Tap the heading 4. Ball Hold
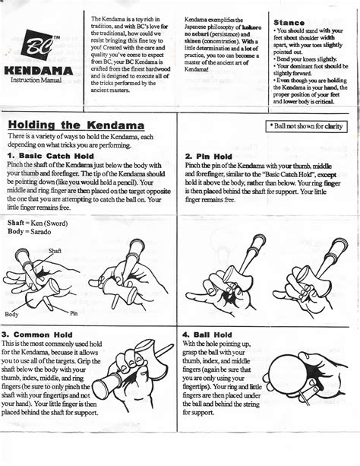(209, 334)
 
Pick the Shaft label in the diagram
(55, 250)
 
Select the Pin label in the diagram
(74, 312)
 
